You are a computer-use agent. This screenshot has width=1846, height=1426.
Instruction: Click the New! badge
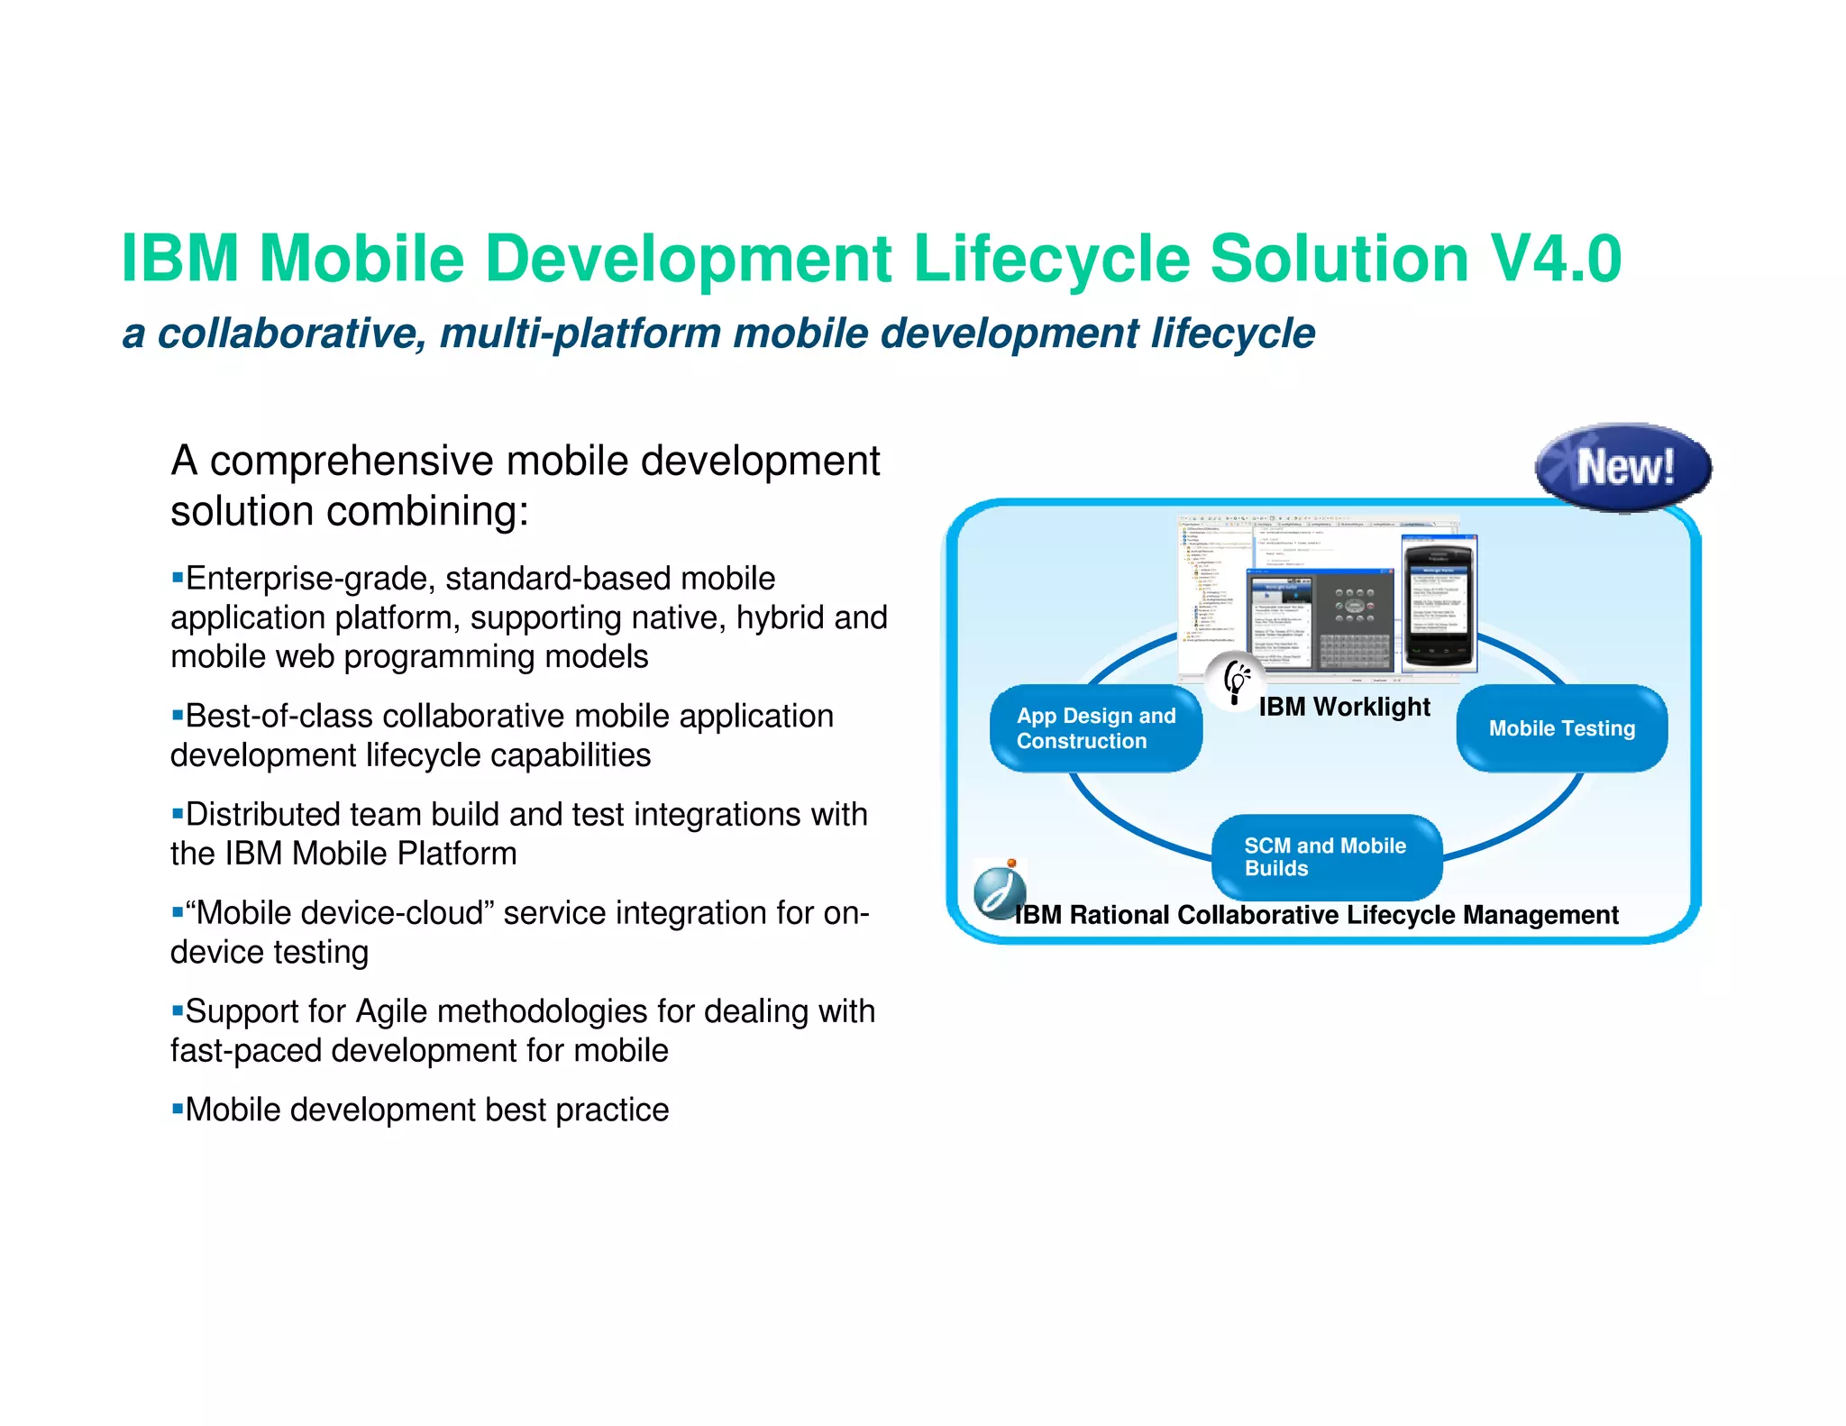1623,467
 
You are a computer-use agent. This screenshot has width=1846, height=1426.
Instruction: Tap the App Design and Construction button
1096,728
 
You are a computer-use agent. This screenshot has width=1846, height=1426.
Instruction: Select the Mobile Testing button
1562,728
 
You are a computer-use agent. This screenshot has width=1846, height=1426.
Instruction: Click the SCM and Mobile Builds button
1326,856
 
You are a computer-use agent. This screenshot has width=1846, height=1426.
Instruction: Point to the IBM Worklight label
1344,707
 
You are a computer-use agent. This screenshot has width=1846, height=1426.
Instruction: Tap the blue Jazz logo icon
999,890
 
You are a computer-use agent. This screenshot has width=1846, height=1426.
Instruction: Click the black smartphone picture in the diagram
1438,602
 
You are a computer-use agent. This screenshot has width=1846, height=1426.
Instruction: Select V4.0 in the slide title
1556,260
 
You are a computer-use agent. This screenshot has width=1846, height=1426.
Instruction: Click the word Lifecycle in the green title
1051,260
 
